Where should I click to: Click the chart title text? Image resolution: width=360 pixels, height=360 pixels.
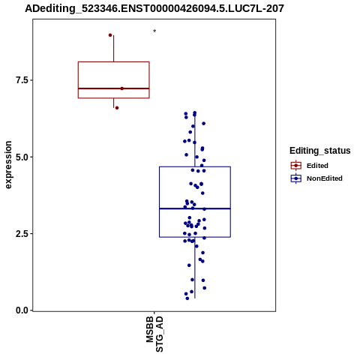tap(154, 8)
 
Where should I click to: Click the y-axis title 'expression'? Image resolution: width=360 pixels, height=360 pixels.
tap(8, 165)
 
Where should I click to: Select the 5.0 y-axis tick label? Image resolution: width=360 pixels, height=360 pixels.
tap(21, 157)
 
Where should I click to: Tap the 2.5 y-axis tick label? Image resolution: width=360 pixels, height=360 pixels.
tap(21, 234)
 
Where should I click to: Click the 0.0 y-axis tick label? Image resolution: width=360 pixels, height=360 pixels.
tap(21, 310)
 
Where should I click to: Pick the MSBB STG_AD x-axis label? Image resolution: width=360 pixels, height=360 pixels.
tap(154, 334)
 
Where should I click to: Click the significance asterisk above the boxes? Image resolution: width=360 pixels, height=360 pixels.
tap(154, 31)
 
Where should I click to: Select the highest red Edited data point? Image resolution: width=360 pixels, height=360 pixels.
tap(110, 35)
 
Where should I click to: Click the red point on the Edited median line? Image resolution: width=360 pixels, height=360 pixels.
tap(122, 88)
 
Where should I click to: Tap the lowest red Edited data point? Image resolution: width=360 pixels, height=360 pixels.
tap(117, 108)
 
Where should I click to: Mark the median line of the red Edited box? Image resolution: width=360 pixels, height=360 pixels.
tap(114, 88)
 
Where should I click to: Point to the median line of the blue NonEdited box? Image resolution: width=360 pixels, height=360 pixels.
tap(195, 208)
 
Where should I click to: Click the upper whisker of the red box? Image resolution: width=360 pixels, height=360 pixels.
tap(114, 49)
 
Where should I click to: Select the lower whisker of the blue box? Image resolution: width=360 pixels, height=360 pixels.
tap(195, 268)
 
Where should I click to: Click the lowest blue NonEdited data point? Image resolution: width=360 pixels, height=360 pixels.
tap(187, 298)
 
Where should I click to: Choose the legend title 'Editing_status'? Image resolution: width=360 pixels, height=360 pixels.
tap(320, 151)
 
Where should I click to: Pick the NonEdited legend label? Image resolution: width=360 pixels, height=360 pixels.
tap(325, 178)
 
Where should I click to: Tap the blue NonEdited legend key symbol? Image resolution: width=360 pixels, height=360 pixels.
tap(296, 178)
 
